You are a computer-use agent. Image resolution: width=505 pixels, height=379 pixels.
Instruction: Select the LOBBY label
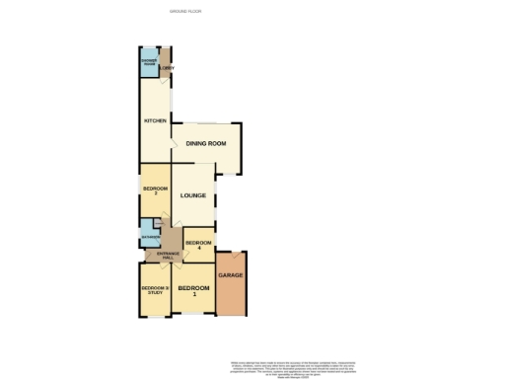168,67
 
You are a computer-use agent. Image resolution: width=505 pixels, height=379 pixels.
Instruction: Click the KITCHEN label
155,121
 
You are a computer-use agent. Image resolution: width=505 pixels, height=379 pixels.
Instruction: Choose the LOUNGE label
192,194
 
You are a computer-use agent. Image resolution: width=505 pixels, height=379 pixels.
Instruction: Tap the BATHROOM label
149,238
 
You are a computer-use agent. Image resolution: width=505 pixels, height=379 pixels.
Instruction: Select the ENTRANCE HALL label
161,257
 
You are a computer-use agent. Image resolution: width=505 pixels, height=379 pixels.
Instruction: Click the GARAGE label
230,274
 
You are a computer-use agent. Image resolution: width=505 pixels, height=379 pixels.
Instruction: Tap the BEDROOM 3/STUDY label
155,290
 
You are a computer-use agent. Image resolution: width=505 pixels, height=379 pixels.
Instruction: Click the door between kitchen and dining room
174,143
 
